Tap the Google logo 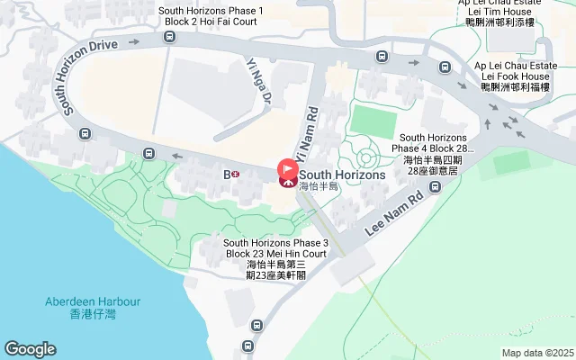30,349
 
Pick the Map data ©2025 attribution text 537,353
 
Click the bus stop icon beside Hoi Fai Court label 169,37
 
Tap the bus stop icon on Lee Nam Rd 436,187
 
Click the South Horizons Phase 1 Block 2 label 211,16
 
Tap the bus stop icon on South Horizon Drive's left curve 84,134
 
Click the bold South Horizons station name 342,175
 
